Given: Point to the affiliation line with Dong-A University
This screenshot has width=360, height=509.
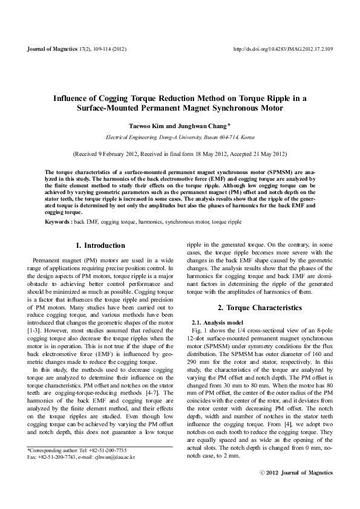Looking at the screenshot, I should [180, 137].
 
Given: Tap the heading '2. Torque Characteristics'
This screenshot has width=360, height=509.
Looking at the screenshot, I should [260, 308].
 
